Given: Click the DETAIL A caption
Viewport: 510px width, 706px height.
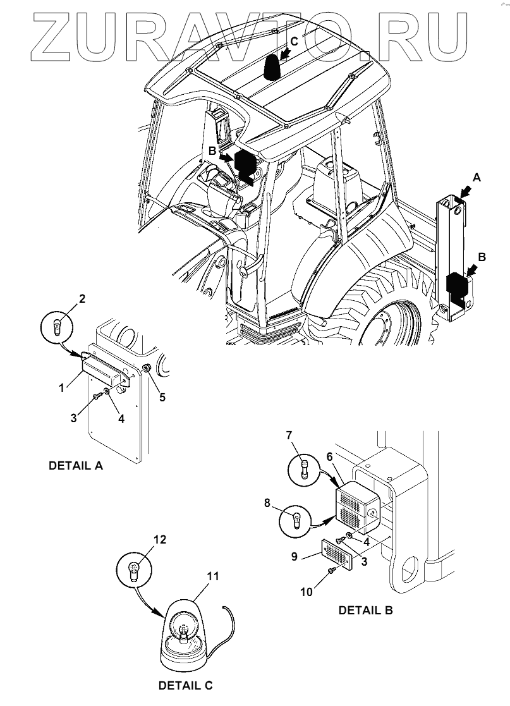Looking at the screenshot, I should pyautogui.click(x=76, y=466).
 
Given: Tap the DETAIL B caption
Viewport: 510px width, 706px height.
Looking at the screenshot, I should pyautogui.click(x=366, y=610).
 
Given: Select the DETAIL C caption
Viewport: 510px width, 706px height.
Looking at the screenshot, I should pyautogui.click(x=185, y=685).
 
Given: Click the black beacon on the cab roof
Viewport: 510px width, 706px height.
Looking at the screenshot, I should pyautogui.click(x=273, y=67).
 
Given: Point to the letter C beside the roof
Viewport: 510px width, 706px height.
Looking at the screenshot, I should pyautogui.click(x=293, y=42).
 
